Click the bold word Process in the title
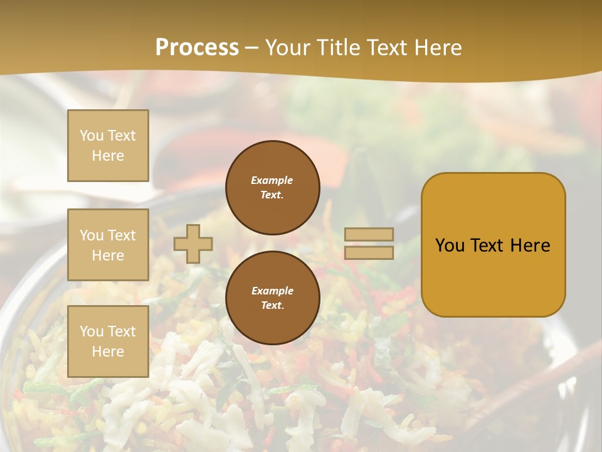pos(197,48)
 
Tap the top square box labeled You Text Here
pos(108,146)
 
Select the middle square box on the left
pos(108,245)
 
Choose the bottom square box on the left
pos(108,342)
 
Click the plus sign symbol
pos(193,244)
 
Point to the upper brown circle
pos(273,188)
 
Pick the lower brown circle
pos(273,298)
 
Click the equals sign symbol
pos(369,244)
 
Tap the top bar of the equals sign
pos(369,235)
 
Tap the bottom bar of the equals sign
pos(369,252)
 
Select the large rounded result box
pos(493,245)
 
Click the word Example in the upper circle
pos(272,180)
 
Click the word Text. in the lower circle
pos(272,306)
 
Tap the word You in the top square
pos(92,136)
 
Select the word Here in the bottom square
pos(108,352)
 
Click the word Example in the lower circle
pos(272,291)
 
